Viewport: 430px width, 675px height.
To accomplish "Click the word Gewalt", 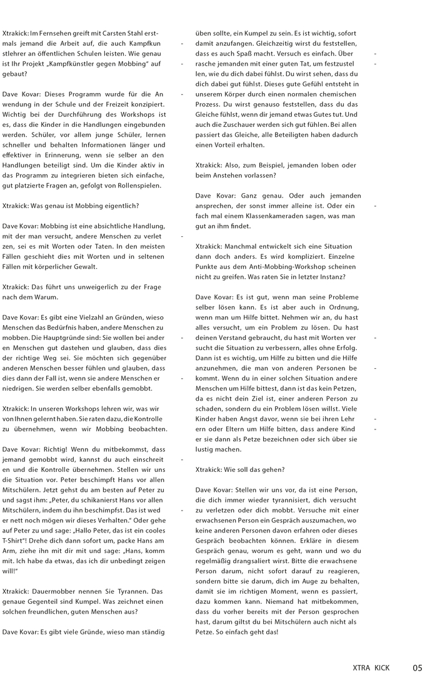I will pyautogui.click(x=82, y=266).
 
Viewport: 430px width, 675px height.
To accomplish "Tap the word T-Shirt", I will pyautogui.click(x=17, y=540).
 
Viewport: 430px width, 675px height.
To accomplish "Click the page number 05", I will pyautogui.click(x=417, y=667).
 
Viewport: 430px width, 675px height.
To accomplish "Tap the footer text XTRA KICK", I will pyautogui.click(x=371, y=667).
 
